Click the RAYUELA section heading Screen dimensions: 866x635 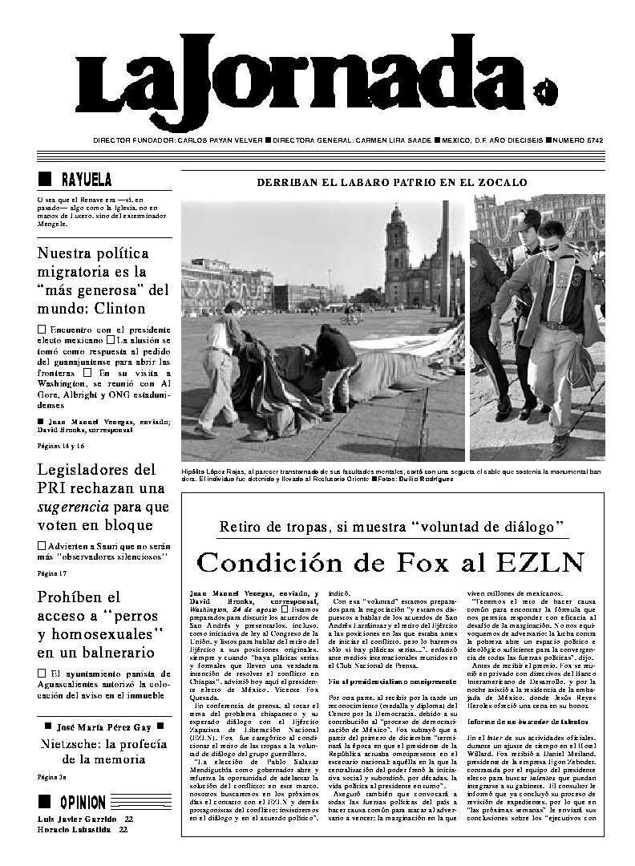pyautogui.click(x=86, y=180)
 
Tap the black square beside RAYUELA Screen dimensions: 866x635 pyautogui.click(x=46, y=179)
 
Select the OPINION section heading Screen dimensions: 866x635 pyautogui.click(x=82, y=802)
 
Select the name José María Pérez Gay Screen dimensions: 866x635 pyautogui.click(x=103, y=726)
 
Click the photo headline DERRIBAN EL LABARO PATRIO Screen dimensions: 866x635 pyautogui.click(x=392, y=184)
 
